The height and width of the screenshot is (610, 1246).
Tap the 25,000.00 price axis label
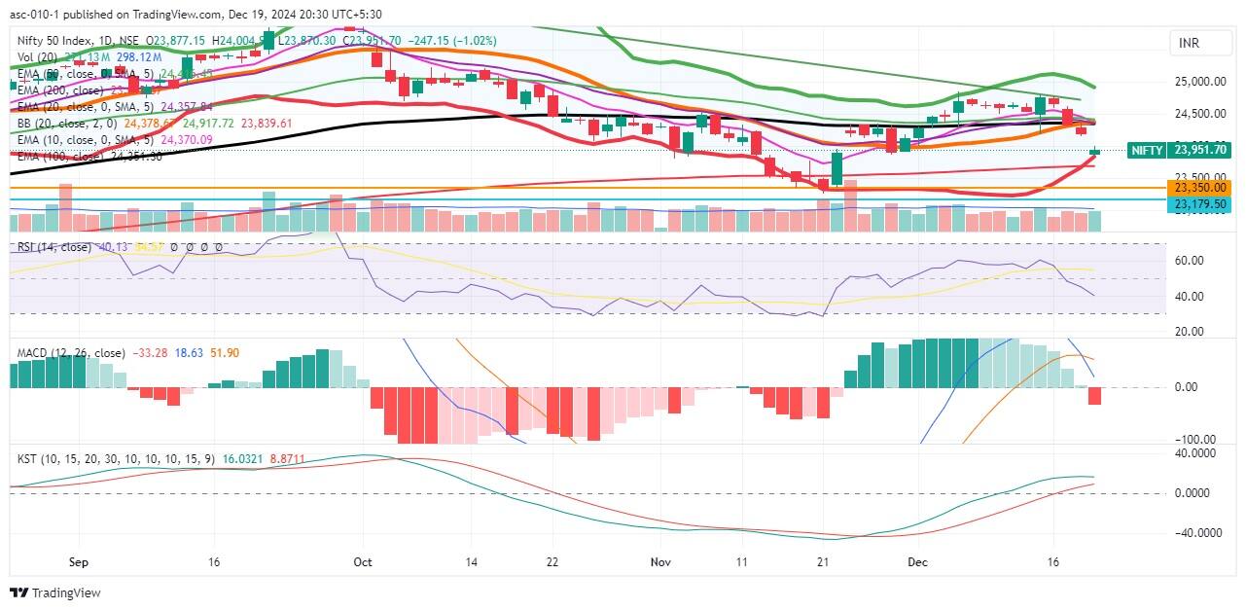coord(1199,82)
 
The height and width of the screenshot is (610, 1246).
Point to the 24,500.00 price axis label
coord(1199,114)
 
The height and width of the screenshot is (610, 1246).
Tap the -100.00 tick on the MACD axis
coord(1189,440)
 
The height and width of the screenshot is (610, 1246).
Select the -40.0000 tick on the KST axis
coord(1193,533)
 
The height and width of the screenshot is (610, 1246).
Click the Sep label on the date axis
coord(80,562)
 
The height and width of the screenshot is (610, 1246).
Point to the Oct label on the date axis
coord(363,562)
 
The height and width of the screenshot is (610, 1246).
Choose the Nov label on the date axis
coord(661,562)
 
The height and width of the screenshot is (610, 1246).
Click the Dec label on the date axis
coord(916,562)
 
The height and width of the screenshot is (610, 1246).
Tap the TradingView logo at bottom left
coord(55,593)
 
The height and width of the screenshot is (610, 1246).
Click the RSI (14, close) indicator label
coord(54,247)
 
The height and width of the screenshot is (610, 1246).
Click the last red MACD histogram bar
coord(1094,396)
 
